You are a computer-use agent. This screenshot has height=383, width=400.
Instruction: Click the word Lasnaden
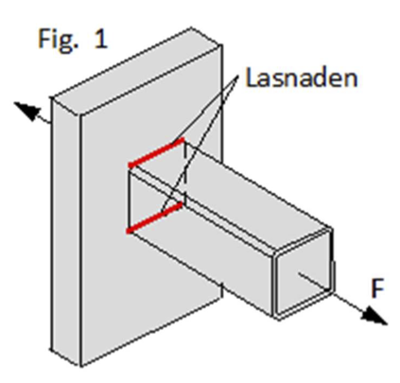(302, 78)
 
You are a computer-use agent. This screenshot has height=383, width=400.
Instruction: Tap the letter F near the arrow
(377, 288)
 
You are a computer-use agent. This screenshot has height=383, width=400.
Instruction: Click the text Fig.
(58, 40)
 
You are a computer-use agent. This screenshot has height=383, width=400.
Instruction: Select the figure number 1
(101, 38)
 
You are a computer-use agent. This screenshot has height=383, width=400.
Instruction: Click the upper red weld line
(156, 152)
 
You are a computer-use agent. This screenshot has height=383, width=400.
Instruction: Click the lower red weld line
(154, 218)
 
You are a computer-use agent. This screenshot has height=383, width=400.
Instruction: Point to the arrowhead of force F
(374, 316)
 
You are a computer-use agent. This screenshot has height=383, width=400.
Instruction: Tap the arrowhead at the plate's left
(26, 112)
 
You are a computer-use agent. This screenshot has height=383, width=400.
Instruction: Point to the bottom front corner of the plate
(80, 367)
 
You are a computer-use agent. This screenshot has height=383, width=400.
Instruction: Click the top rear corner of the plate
(191, 28)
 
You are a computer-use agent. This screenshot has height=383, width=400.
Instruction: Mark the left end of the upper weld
(130, 165)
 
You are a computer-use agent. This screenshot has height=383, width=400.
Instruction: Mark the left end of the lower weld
(129, 232)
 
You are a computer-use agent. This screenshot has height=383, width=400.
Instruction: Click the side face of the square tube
(201, 252)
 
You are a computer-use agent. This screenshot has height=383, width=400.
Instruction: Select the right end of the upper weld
(183, 139)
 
